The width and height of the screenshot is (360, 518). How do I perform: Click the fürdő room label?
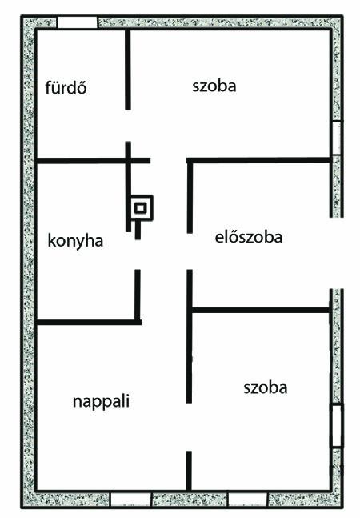66,87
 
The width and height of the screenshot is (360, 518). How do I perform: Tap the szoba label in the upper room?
214,86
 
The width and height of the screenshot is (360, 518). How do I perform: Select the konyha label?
75,240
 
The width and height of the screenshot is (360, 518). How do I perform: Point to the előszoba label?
249,237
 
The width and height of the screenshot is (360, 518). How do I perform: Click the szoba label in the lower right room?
266,387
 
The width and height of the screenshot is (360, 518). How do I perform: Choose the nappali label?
101,401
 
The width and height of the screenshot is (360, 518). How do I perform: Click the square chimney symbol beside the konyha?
142,208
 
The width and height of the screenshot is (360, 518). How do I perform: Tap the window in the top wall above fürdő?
78,22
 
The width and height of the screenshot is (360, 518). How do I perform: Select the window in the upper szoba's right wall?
336,138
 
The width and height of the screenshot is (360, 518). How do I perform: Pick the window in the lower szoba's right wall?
337,425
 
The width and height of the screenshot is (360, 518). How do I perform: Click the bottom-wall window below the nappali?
130,499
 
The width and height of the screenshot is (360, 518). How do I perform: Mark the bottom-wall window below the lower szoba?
247,499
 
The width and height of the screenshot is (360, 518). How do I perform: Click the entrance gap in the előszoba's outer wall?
336,253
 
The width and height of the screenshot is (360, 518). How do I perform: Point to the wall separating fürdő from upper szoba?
128,70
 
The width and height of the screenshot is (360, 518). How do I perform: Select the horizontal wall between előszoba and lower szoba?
261,310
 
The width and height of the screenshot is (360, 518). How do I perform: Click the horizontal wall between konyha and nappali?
89,322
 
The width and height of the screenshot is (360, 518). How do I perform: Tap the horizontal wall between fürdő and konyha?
94,161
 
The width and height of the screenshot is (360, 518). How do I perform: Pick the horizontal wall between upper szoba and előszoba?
258,160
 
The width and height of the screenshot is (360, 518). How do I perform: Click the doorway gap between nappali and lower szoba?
189,428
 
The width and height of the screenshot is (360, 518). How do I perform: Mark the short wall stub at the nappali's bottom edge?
189,471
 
